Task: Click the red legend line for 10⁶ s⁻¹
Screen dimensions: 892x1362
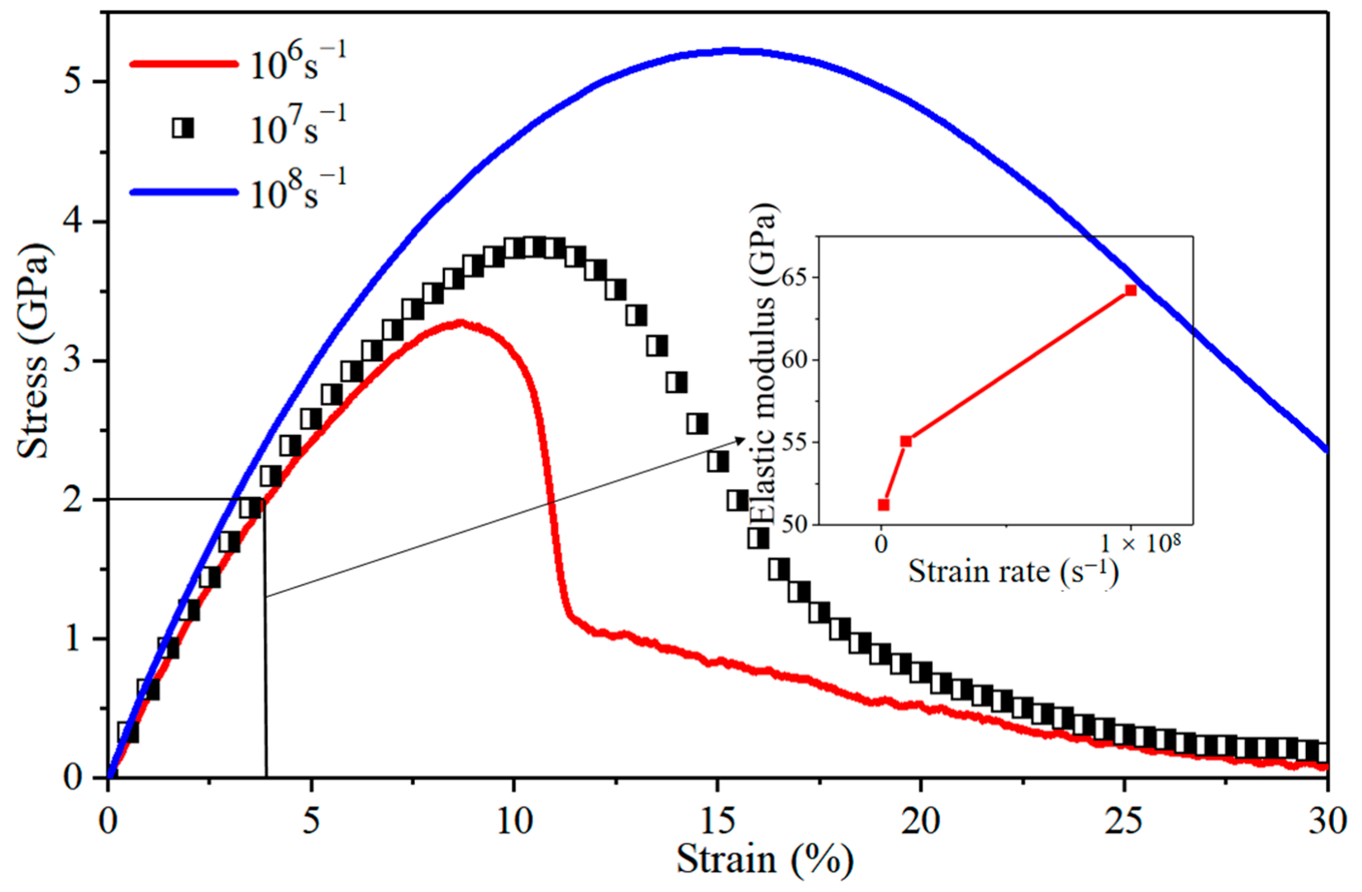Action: click(183, 63)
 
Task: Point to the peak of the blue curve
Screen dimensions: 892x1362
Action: click(733, 51)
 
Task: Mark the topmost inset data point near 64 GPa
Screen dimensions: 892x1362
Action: click(1131, 290)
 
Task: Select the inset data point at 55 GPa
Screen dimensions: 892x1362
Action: click(906, 441)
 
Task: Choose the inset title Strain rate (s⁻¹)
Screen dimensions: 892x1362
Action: click(1013, 572)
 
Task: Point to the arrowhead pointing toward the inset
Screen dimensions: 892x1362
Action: click(742, 439)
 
